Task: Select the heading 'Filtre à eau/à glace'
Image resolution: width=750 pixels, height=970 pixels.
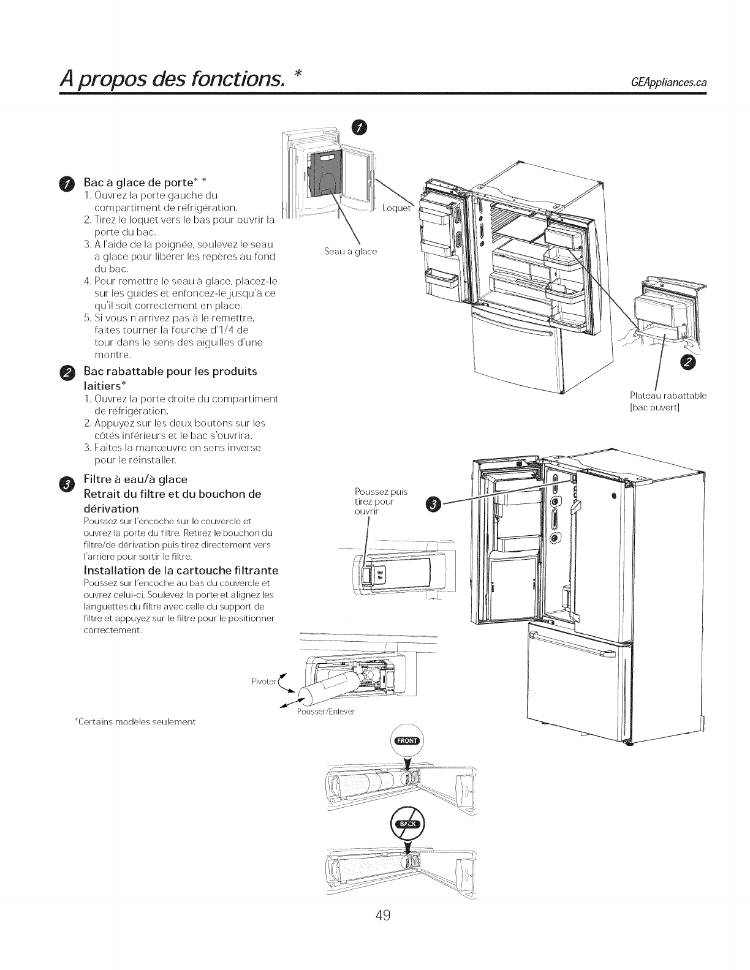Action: (135, 479)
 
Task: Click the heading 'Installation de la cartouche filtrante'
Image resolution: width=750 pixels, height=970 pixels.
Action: (181, 571)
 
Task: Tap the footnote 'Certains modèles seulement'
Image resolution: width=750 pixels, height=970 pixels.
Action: (134, 722)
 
